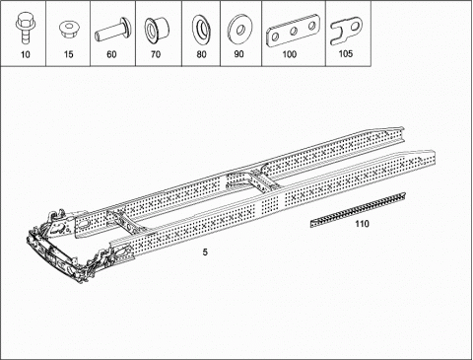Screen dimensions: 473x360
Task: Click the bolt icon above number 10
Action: (25, 27)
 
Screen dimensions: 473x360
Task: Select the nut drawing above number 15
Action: (68, 29)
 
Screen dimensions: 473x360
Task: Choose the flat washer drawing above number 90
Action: (239, 29)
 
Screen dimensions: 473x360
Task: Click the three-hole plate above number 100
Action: (293, 32)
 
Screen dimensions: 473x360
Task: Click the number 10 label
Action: (26, 54)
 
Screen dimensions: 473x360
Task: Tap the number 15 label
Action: (68, 54)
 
